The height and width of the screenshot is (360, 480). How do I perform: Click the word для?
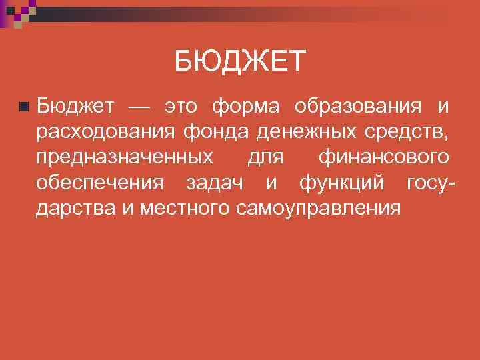coord(266,159)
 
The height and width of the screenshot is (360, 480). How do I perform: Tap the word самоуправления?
coord(319,208)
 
